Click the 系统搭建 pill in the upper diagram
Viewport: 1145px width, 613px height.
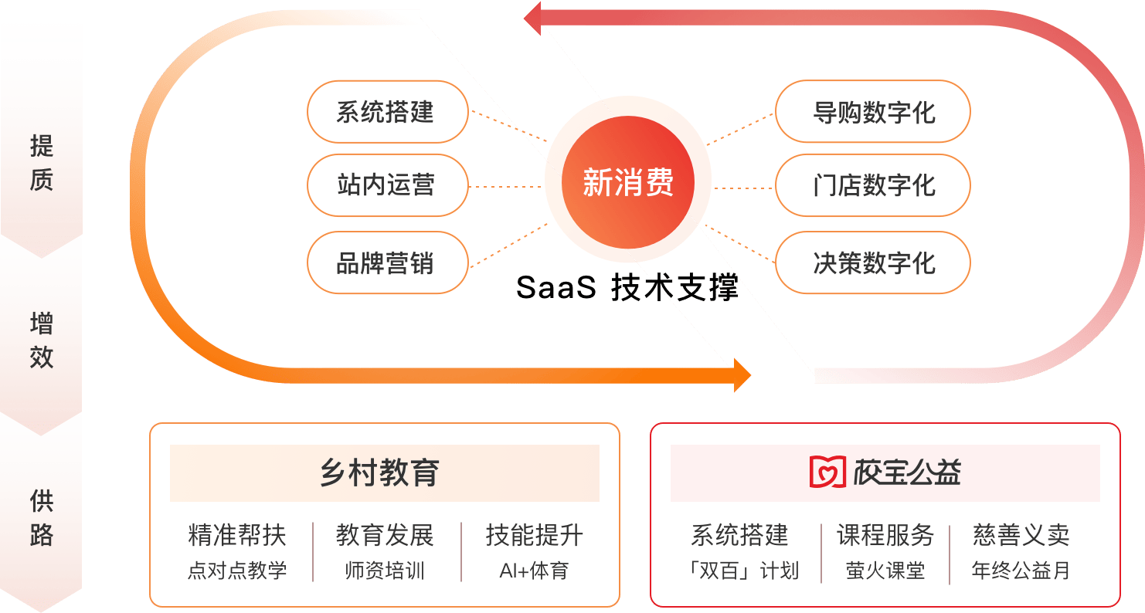pos(387,112)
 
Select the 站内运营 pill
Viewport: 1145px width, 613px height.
pos(387,185)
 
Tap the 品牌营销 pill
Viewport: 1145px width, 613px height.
pos(387,262)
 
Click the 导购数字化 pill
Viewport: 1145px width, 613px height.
pos(872,112)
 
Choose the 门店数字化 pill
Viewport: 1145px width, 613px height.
pos(872,185)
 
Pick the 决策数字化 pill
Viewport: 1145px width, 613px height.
pos(872,262)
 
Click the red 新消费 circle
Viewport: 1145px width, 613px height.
pos(627,183)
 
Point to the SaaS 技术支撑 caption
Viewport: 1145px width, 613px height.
pos(627,288)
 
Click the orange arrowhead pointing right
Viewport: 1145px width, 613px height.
pos(742,376)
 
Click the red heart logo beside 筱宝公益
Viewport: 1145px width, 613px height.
pos(827,472)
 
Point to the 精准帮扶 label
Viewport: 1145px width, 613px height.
pos(236,535)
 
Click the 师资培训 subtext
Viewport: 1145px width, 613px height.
pos(384,571)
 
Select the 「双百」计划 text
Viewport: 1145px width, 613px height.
pos(742,571)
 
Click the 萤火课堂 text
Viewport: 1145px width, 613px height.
pos(885,571)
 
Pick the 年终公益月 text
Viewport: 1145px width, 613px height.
pos(1021,571)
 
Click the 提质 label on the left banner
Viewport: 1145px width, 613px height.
pos(41,162)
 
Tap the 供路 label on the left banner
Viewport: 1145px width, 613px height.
pos(41,517)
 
